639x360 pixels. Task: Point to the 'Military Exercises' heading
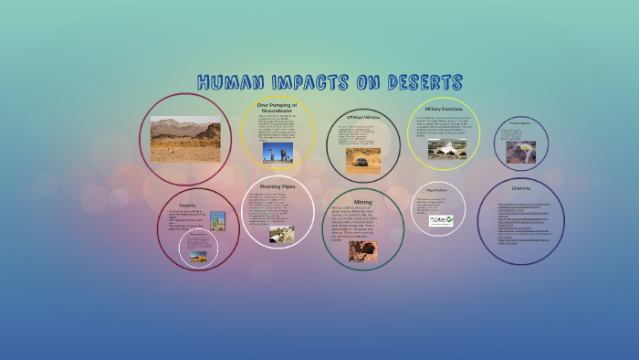coord(443,109)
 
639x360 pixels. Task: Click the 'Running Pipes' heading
coord(278,186)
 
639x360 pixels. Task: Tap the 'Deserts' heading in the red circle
coord(187,206)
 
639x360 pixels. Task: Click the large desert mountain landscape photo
coord(185,140)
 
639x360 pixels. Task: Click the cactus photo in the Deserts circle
coord(217,221)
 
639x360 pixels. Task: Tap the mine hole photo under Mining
coord(362,250)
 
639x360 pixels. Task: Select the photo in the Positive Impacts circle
coord(521,150)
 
